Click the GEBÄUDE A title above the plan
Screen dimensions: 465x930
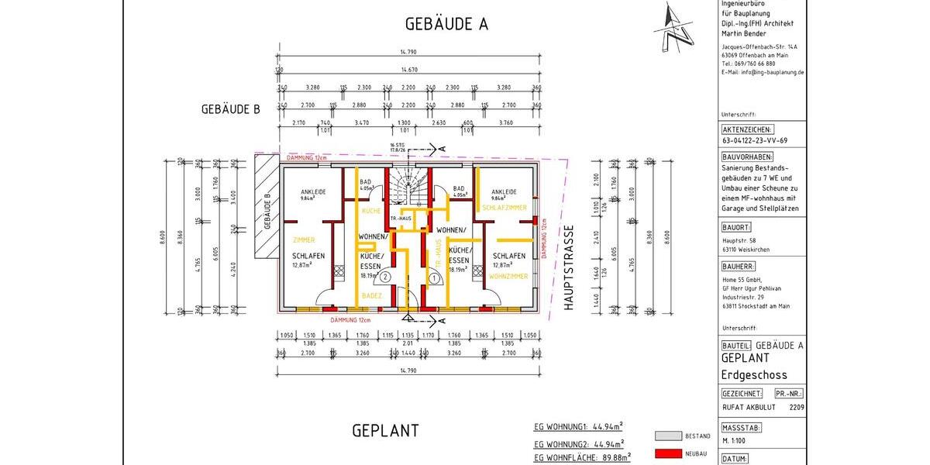[x=446, y=24]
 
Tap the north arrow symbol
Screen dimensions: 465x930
[x=673, y=29]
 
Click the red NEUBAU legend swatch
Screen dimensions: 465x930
[x=667, y=453]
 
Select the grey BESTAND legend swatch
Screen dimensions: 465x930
[x=667, y=436]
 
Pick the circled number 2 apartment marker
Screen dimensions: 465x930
[x=385, y=275]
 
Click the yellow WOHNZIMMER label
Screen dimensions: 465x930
[x=508, y=276]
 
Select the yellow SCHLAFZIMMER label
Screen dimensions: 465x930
[x=504, y=208]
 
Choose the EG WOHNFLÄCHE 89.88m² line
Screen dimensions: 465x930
[x=580, y=458]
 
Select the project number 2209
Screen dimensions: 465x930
[x=796, y=406]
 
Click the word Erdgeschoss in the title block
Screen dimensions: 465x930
[x=754, y=375]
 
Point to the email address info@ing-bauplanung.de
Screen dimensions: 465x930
[x=762, y=71]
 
